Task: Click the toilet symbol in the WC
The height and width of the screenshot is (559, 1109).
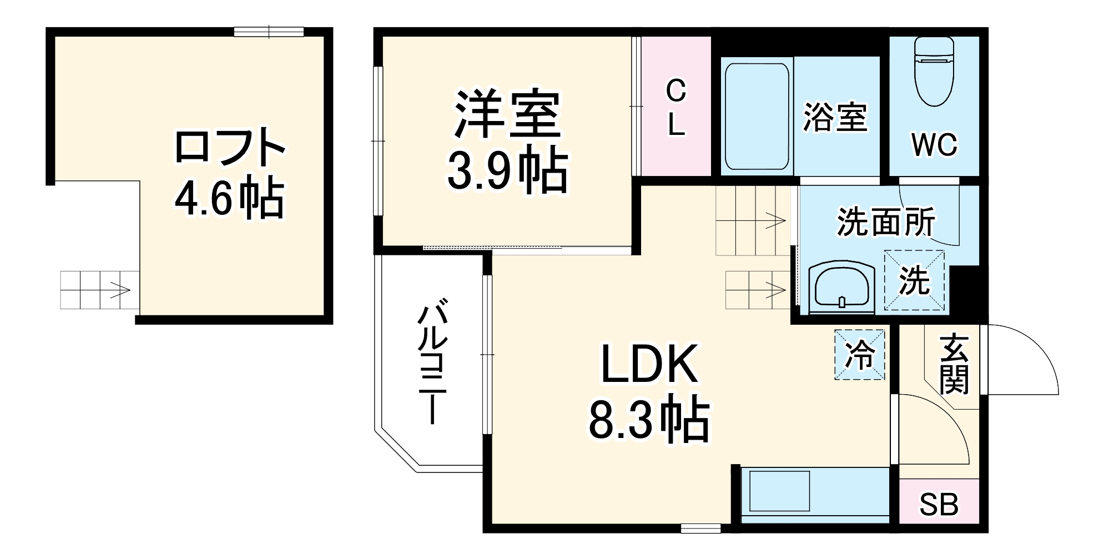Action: pos(934,72)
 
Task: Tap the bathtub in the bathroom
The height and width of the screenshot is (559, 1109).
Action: pos(757,117)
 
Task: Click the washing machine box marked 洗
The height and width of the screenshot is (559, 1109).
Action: pos(914,280)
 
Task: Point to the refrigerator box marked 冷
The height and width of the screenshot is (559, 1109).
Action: pos(859,355)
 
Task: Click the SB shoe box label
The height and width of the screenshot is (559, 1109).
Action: pos(939,505)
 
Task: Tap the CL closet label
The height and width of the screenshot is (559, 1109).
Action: pos(676,108)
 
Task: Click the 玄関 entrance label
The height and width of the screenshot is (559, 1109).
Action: pos(954,364)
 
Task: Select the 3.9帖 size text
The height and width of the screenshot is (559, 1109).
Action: pos(507,170)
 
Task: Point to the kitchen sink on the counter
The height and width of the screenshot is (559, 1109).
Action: pos(779,491)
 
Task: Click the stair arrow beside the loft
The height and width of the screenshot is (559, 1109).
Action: pos(120,289)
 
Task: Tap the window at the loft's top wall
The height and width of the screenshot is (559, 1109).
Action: pos(269,32)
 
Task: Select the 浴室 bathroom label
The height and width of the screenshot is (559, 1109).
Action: pos(835,117)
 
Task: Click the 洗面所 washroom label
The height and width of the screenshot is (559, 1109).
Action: pos(886,222)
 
